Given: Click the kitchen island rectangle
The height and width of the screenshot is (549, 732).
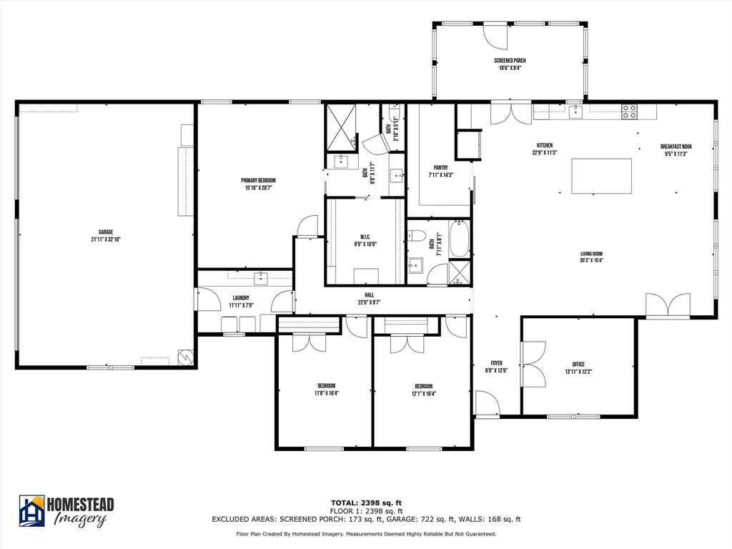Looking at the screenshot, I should point(601,176).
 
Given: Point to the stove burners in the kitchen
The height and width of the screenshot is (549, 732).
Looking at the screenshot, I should point(629,111).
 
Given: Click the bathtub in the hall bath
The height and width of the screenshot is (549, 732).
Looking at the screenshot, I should point(459,239).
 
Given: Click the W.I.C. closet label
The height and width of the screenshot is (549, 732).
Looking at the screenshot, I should point(365,240).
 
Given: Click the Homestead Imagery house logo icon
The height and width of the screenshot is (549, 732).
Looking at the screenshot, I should point(31,510).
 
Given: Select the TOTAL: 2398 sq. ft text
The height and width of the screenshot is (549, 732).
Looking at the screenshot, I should point(365,503).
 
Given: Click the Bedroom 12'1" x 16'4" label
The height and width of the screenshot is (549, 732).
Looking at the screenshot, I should point(423,390).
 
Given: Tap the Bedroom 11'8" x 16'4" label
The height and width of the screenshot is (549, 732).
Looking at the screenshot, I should point(326,390).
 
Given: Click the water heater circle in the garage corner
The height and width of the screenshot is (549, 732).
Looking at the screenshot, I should point(186,357).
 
